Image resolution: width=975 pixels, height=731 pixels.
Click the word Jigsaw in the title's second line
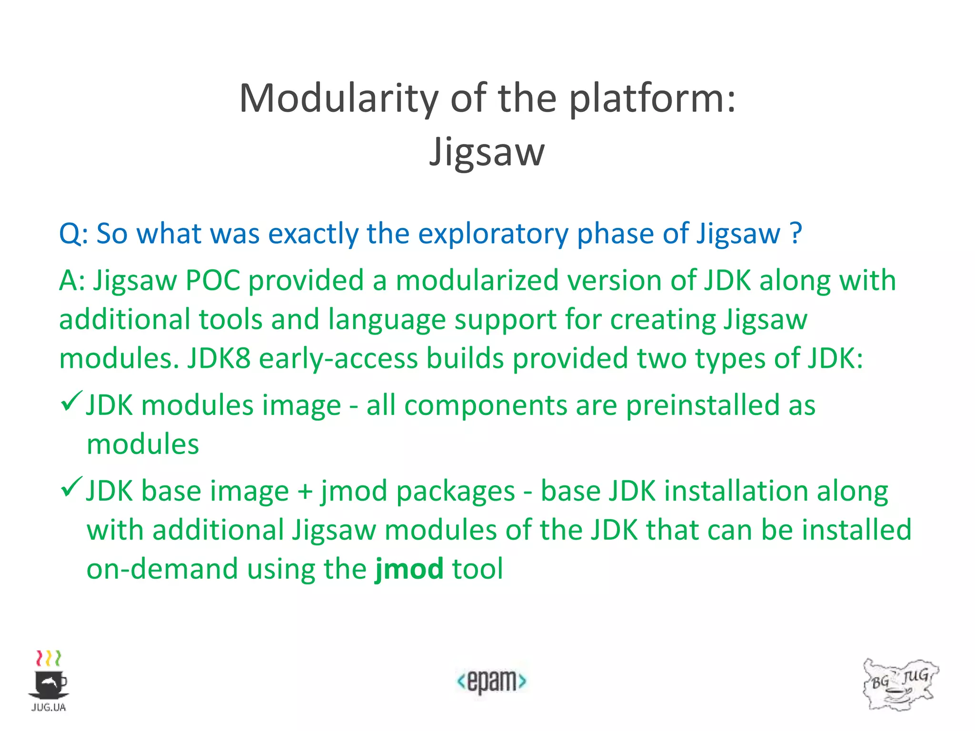point(487,152)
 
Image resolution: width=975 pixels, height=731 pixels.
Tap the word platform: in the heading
point(652,99)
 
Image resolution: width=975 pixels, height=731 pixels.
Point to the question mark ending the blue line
point(796,233)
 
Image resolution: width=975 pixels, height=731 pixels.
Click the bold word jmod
point(409,569)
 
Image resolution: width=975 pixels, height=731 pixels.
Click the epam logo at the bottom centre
point(491,681)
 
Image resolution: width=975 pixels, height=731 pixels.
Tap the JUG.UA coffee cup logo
point(49,681)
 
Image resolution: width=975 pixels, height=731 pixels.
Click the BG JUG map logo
point(900,684)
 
